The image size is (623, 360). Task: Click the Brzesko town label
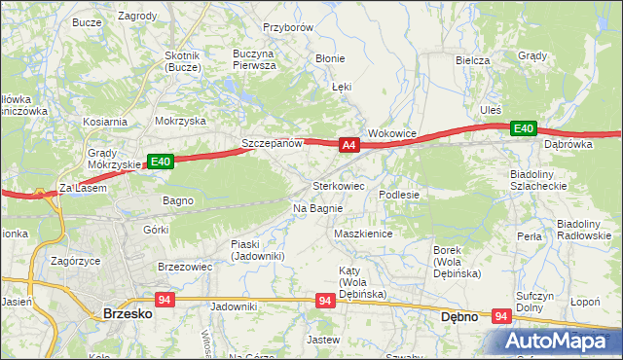pos(126,314)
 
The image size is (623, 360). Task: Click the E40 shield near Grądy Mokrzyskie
pos(161,162)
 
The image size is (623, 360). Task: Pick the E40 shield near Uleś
pos(524,128)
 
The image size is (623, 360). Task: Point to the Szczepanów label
pos(274,143)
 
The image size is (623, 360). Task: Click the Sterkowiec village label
pos(338,185)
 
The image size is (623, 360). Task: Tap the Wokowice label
pos(392,133)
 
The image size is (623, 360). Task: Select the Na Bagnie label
pos(317,208)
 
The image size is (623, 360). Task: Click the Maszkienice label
pos(362,234)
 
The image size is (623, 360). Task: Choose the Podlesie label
pos(399,195)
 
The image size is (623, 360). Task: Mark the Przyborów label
pos(287,28)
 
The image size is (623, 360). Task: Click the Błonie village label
pos(330,58)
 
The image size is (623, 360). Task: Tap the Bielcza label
pos(472,59)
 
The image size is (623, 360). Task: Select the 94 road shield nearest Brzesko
pos(164,300)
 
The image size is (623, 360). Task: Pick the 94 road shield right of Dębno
pos(502,315)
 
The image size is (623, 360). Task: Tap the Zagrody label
pos(137,17)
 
